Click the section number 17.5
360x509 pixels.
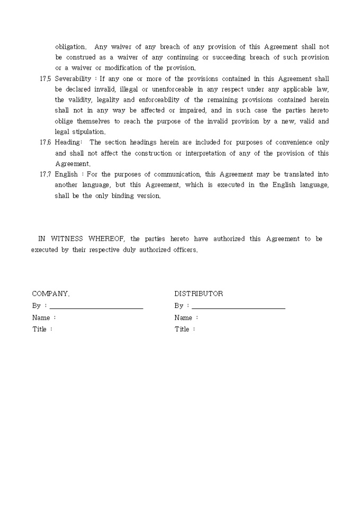point(45,79)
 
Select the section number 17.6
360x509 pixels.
point(45,142)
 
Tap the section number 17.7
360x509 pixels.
point(45,174)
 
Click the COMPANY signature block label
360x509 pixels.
point(50,294)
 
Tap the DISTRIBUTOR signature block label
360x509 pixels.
point(199,294)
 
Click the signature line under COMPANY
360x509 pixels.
point(96,307)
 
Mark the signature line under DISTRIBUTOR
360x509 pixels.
point(239,307)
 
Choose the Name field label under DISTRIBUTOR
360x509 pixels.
point(183,318)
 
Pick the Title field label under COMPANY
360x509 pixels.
point(40,329)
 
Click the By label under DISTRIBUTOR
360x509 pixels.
point(179,306)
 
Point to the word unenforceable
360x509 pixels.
point(172,89)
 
